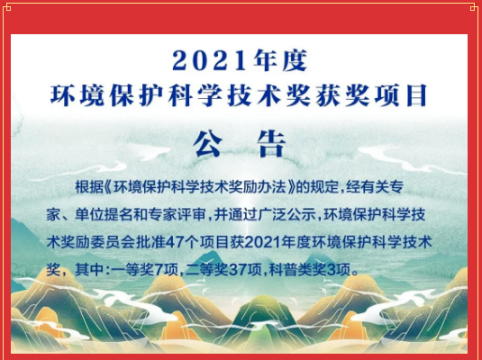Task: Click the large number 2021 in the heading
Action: (x=209, y=61)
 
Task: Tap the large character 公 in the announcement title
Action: (x=208, y=144)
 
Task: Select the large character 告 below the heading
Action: (x=272, y=144)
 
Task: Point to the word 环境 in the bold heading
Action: (x=77, y=95)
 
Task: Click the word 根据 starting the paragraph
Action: (x=89, y=187)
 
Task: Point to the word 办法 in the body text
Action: (x=272, y=187)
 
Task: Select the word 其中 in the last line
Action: (x=89, y=270)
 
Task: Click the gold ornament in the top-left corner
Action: (x=7, y=7)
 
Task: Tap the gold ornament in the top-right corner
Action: (x=475, y=7)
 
